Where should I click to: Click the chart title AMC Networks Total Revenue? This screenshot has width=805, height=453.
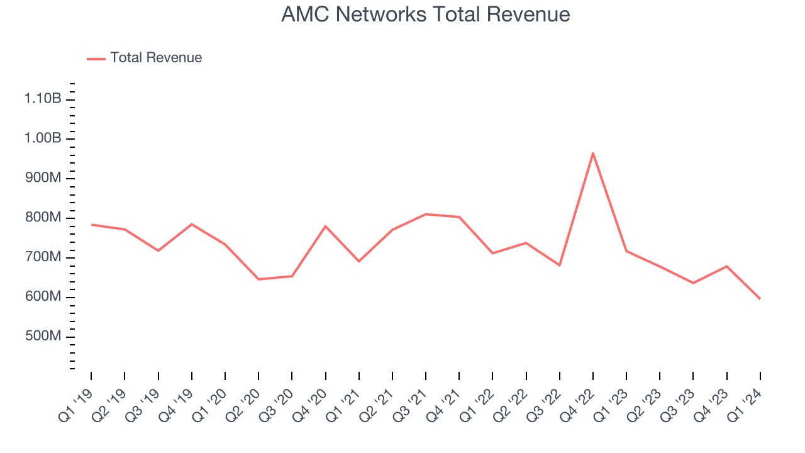tap(425, 14)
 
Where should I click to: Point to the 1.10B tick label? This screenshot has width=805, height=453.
tap(43, 99)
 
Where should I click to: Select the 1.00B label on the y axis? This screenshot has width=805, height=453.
tap(43, 138)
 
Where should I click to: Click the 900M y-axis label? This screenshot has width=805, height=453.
tap(43, 178)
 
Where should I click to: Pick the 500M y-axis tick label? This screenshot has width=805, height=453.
tap(43, 337)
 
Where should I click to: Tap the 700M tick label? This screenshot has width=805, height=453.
tap(43, 257)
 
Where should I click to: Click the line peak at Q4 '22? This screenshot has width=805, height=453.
tap(593, 153)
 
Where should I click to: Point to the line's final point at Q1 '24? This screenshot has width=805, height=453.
tap(760, 298)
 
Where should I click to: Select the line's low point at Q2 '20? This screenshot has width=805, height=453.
tap(258, 279)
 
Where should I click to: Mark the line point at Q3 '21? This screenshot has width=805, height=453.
tap(426, 215)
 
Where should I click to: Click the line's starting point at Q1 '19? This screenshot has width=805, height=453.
tap(91, 225)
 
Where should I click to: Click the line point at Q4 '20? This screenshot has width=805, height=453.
tap(326, 226)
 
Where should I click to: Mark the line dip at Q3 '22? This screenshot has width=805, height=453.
tap(560, 266)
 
